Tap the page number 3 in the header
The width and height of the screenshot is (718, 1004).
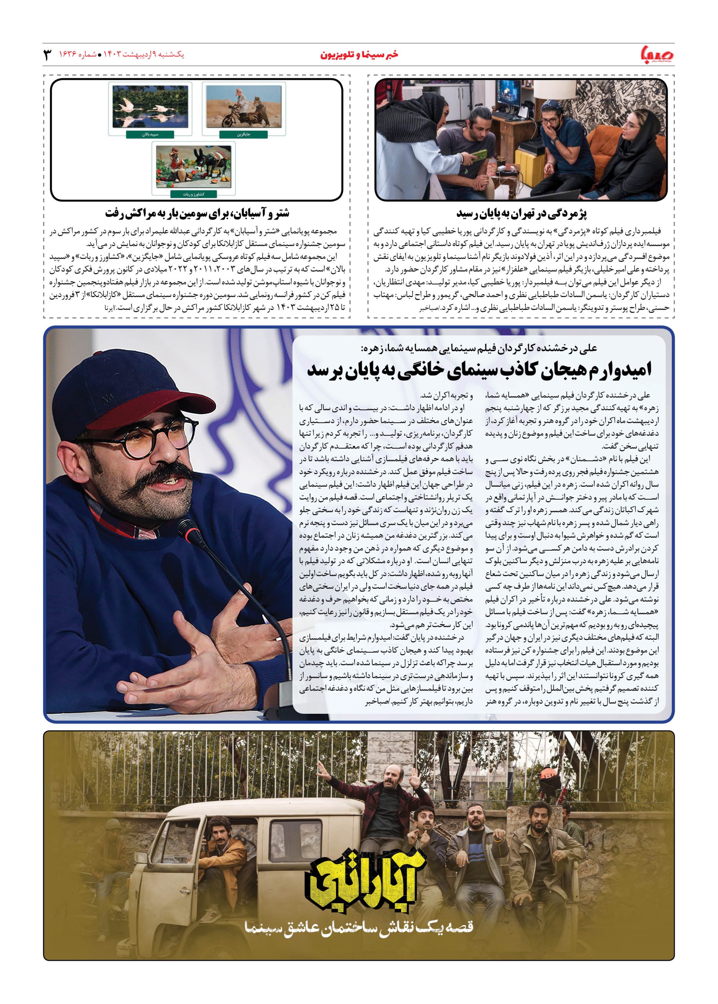click(x=47, y=55)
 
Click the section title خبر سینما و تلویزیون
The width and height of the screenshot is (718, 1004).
click(x=358, y=55)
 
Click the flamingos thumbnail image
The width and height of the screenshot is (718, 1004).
click(x=150, y=107)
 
